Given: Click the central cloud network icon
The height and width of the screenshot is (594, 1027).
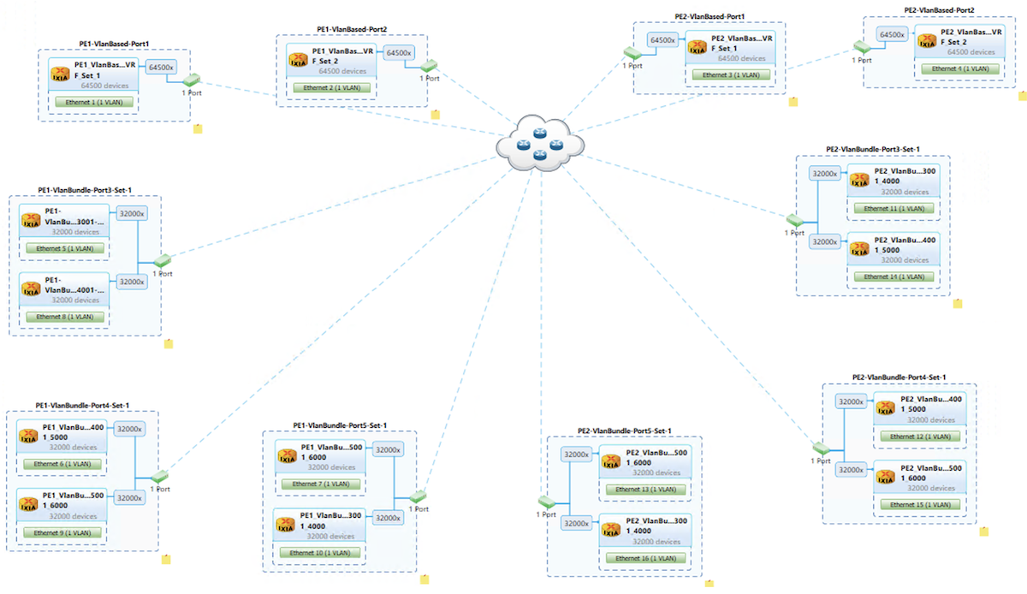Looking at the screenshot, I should click(539, 143).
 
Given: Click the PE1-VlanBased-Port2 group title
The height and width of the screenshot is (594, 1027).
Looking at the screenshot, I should click(352, 29).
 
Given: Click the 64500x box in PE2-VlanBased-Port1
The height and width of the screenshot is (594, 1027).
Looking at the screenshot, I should click(663, 40).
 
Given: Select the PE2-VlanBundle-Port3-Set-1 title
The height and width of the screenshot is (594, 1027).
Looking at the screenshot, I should click(872, 149).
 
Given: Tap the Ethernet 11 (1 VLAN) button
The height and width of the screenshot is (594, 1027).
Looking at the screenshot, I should click(893, 208).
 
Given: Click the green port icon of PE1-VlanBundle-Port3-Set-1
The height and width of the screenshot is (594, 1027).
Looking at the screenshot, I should click(162, 260).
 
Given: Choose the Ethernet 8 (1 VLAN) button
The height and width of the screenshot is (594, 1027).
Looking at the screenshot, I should click(65, 317).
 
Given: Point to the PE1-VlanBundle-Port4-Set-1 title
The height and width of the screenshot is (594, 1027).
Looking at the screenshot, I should click(82, 405).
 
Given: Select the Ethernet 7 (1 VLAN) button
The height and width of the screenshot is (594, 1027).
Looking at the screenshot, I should click(320, 484).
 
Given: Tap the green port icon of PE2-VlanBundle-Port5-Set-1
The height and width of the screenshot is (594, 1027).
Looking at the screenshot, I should click(547, 502).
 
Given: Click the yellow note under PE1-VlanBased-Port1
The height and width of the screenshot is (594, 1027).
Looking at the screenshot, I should click(197, 128).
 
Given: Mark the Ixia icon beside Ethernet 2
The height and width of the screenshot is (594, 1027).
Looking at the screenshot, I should click(299, 57).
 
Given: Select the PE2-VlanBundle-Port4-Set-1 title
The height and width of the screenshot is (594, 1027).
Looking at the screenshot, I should click(899, 377).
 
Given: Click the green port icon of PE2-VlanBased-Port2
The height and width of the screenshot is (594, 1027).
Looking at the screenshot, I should click(861, 47).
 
